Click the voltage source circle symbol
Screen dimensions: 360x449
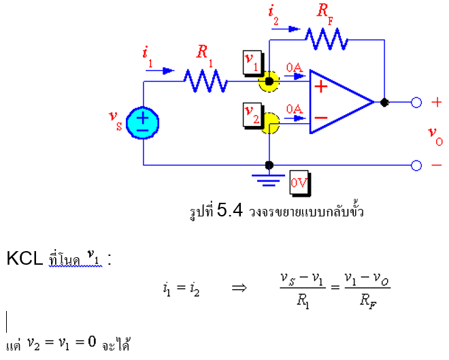coord(144,124)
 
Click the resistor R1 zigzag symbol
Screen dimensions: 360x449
coord(204,82)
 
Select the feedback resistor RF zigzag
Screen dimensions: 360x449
coord(325,39)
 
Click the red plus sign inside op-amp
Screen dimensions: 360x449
coord(321,86)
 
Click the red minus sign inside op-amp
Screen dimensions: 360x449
coord(321,118)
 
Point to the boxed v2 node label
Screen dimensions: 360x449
coord(252,110)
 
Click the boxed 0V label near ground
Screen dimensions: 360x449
coord(299,182)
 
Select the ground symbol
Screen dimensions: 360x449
coord(269,178)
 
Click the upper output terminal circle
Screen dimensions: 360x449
coord(416,103)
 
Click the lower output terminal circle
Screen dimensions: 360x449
coord(416,165)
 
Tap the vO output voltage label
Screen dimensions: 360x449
coord(435,134)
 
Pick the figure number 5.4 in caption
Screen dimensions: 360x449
coord(230,211)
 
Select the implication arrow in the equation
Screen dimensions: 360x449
coord(239,288)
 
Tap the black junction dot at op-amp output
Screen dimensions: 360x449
coord(384,103)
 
